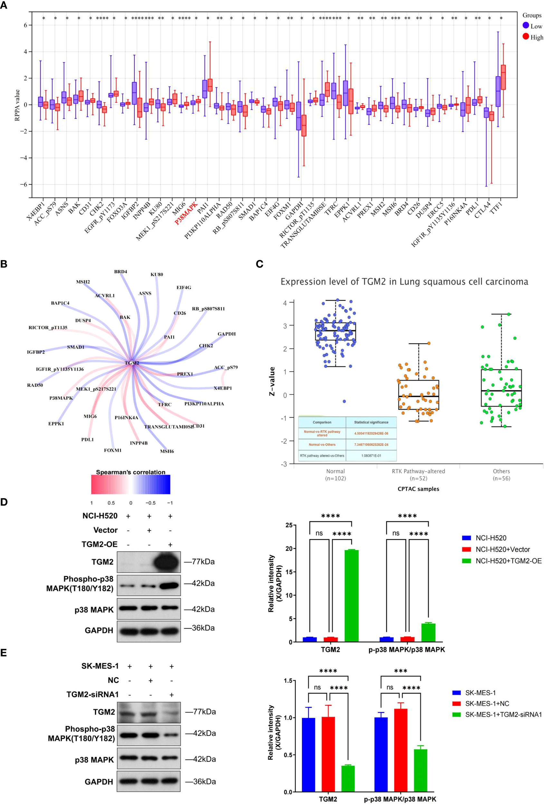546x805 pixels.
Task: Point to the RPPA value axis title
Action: (17, 105)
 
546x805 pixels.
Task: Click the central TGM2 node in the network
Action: (132, 363)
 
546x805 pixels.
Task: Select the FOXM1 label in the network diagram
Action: (113, 450)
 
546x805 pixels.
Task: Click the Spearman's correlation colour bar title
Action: (130, 472)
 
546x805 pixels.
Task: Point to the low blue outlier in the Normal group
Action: (344, 401)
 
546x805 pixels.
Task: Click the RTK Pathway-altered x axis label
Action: (418, 471)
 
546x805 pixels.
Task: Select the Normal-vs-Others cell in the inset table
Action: (322, 444)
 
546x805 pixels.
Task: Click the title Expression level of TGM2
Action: (404, 282)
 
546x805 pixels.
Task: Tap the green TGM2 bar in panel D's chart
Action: (351, 596)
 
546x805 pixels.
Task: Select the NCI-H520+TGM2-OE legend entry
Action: (508, 561)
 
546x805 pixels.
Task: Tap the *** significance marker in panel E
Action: (400, 671)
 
